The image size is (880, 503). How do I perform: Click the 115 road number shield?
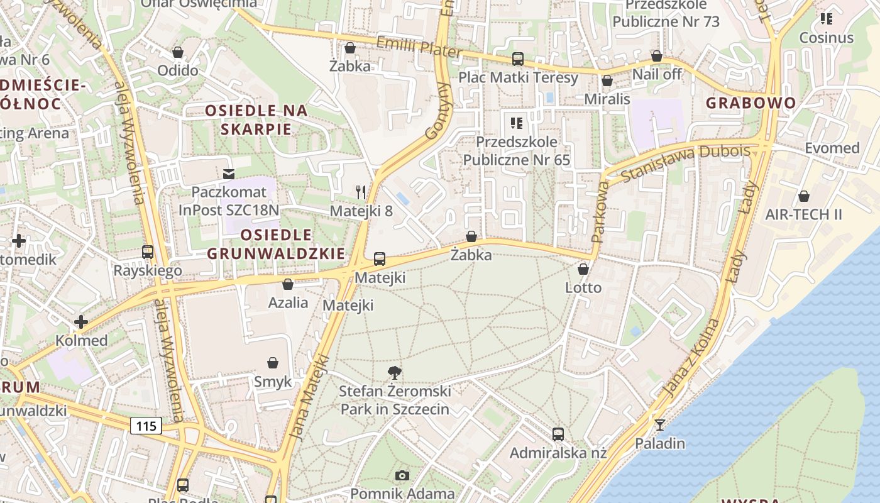point(146,426)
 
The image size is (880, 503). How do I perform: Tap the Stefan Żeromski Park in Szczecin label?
point(395,401)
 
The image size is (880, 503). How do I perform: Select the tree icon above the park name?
point(395,372)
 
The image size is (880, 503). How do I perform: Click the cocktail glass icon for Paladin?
point(659,425)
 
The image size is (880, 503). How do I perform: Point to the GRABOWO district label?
point(751,103)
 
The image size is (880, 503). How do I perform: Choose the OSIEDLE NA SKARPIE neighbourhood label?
point(256,120)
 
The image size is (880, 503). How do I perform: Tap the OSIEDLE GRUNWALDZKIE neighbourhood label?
point(276,245)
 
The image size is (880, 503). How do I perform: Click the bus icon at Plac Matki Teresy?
point(518,59)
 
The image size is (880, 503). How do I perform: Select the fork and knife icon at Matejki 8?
point(361,192)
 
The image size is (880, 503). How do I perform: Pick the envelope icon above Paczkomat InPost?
point(228,174)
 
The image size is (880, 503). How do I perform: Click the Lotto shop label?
point(583,288)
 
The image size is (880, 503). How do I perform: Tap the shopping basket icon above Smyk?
point(273,363)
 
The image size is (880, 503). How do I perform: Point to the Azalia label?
point(289,302)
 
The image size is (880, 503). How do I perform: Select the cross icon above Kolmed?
point(81,323)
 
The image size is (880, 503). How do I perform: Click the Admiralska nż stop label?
point(558,453)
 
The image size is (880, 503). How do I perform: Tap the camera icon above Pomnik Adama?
point(402,475)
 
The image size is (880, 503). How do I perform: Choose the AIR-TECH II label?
point(803,214)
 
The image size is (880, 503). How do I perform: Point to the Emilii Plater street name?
point(419,47)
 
